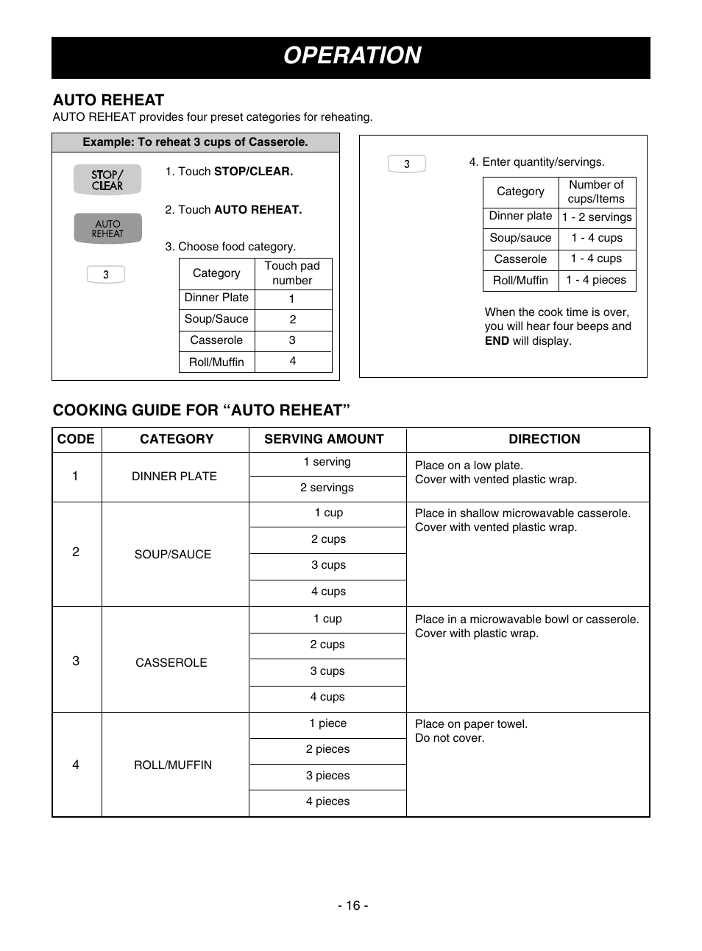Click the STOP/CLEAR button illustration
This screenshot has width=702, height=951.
click(x=107, y=180)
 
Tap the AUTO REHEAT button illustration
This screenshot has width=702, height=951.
click(x=107, y=228)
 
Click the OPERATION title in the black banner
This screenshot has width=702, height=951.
click(x=352, y=56)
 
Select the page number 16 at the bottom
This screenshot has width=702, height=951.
click(x=353, y=905)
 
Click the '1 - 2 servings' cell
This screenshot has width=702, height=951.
click(x=597, y=217)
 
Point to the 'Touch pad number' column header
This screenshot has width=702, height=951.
click(x=292, y=273)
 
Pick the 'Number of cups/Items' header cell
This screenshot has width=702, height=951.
click(x=596, y=192)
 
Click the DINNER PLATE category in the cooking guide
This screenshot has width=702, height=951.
click(x=174, y=477)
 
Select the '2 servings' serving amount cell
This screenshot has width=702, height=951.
click(x=327, y=488)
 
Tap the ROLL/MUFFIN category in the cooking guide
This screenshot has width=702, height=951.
click(x=173, y=765)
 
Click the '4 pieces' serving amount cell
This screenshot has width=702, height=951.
click(x=327, y=801)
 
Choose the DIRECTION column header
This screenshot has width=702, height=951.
click(x=545, y=439)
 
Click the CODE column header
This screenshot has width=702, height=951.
click(x=76, y=439)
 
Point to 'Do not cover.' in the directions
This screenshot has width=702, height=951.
click(x=450, y=738)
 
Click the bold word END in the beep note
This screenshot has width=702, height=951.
click(x=497, y=341)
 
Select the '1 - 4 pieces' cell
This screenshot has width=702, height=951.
click(x=596, y=280)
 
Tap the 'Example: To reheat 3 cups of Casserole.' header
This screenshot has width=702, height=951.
click(x=195, y=142)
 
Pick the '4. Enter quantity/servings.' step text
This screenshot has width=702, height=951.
click(x=536, y=162)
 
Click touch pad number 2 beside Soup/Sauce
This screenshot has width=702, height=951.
click(x=293, y=320)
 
